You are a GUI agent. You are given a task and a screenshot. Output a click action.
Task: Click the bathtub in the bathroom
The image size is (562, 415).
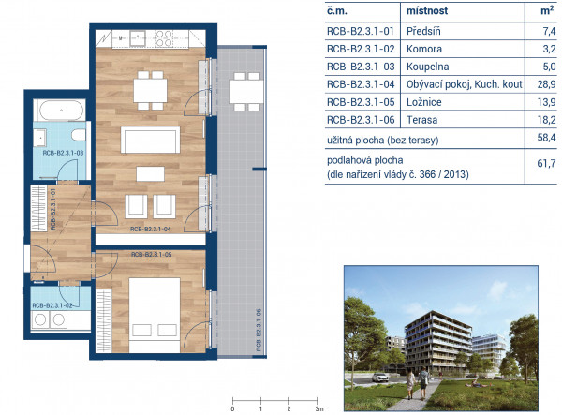(x=61, y=111)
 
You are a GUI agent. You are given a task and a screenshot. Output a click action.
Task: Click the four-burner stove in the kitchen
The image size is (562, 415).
(x=164, y=38)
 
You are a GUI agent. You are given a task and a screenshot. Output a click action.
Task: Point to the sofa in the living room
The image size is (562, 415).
(x=150, y=140)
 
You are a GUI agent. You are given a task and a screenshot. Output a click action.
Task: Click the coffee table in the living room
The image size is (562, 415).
(x=150, y=174)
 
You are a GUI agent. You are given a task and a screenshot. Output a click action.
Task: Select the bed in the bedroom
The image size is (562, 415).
(x=155, y=315)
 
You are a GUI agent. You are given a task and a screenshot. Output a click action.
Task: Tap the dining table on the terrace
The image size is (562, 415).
(x=246, y=92)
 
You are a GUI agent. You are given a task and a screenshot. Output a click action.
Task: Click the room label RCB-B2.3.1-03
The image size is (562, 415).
(x=63, y=153)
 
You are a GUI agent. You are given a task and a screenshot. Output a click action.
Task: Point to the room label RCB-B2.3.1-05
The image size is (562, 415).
(x=151, y=255)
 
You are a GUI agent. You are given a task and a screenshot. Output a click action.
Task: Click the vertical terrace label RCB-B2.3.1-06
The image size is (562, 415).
(x=259, y=330)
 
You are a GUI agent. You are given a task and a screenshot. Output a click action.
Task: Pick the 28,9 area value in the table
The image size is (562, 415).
(x=546, y=84)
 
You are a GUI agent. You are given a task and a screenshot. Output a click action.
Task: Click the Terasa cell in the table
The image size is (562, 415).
(x=421, y=120)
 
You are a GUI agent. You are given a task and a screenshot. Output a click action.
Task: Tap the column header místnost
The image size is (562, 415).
(x=427, y=10)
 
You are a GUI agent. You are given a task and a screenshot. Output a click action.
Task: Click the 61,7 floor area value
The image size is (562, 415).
(x=546, y=164)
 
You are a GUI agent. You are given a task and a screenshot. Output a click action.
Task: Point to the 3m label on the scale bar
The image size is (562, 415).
(x=319, y=408)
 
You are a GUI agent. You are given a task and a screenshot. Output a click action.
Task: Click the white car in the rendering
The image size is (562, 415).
(x=380, y=378)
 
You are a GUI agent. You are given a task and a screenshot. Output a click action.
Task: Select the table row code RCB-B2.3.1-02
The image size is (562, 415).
(x=361, y=49)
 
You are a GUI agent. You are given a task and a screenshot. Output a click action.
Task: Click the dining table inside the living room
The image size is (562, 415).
(x=150, y=90)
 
